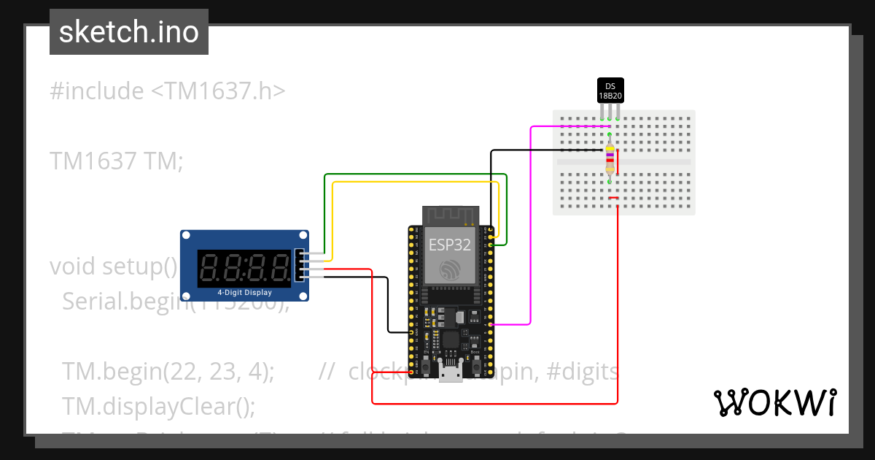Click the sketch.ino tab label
pyautogui.click(x=129, y=32)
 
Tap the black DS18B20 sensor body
pyautogui.click(x=610, y=91)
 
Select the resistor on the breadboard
pyautogui.click(x=610, y=159)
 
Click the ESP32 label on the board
pyautogui.click(x=449, y=244)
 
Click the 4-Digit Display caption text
pyautogui.click(x=244, y=293)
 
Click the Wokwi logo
pyautogui.click(x=774, y=402)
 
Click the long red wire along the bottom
pyautogui.click(x=496, y=403)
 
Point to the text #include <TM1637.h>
pyautogui.click(x=168, y=91)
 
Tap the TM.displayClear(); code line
pyautogui.click(x=159, y=406)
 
